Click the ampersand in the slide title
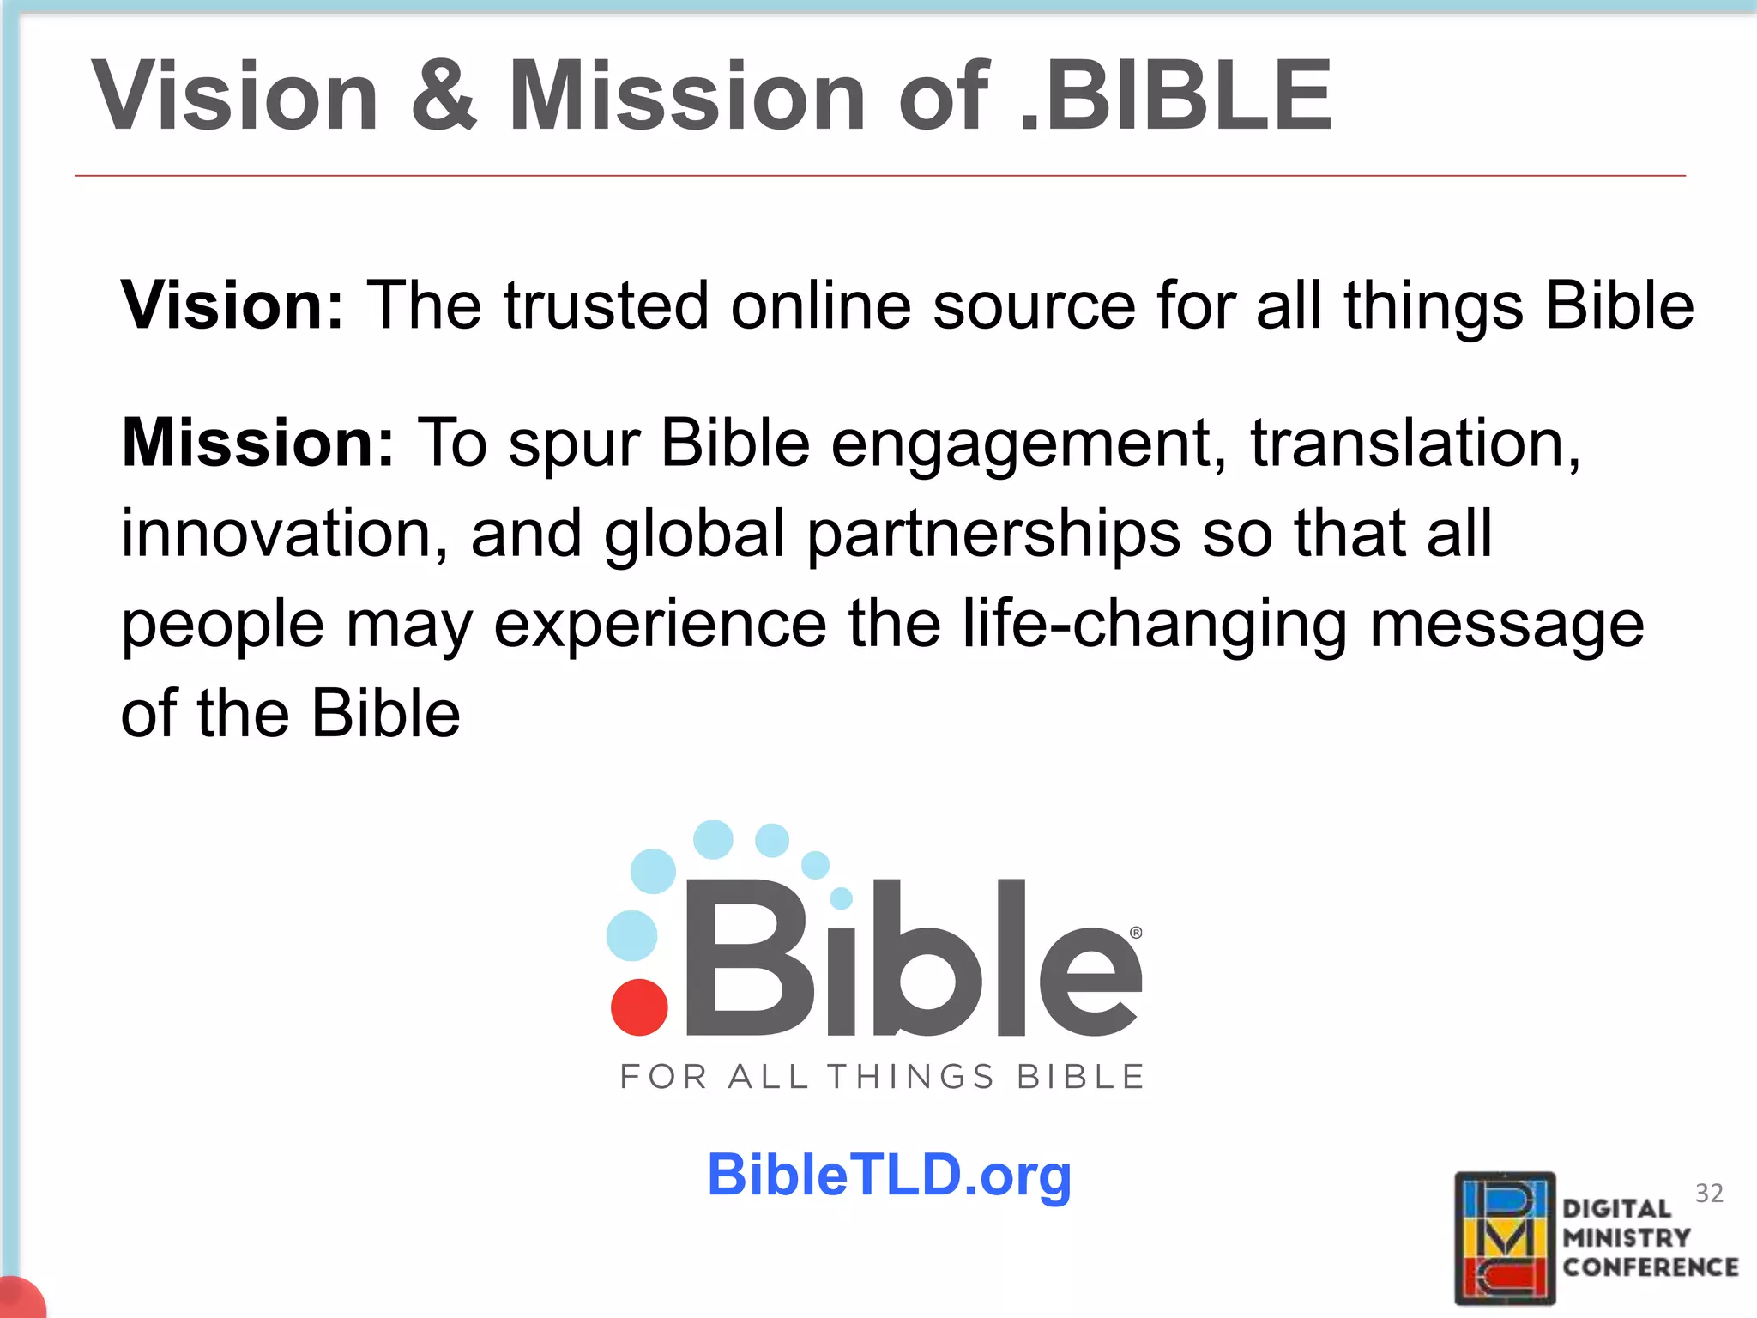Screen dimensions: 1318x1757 click(444, 96)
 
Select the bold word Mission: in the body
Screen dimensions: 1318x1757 click(257, 443)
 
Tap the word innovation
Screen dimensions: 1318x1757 click(284, 534)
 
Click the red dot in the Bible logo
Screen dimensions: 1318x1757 click(639, 1007)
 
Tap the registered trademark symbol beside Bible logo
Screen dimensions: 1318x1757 click(1136, 933)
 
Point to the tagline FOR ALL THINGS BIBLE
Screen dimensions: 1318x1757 click(882, 1077)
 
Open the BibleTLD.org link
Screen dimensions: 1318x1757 click(889, 1176)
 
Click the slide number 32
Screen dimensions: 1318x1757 click(1709, 1194)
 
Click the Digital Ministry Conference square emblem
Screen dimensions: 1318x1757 click(1505, 1237)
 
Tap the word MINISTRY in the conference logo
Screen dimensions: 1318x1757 click(1626, 1238)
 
